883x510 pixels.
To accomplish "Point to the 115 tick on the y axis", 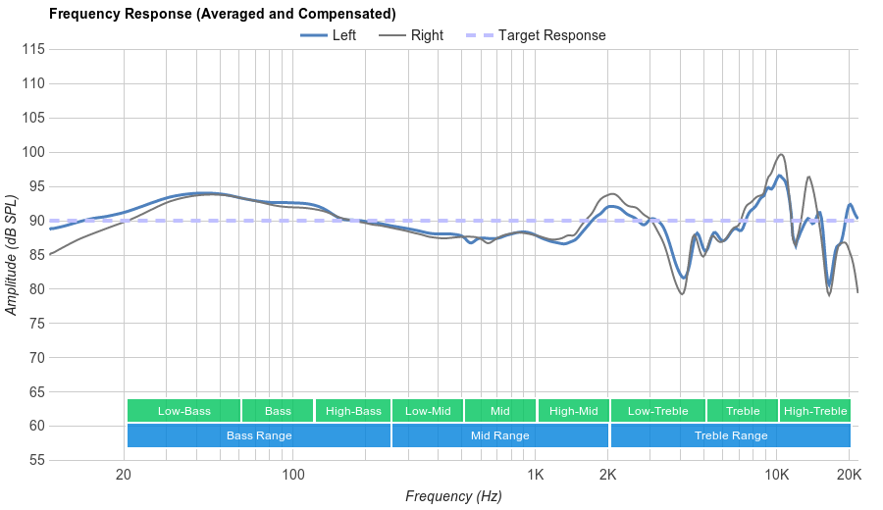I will [x=32, y=49].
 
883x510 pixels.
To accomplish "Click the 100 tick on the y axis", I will [x=32, y=152].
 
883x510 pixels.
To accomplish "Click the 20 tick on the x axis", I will [x=124, y=475].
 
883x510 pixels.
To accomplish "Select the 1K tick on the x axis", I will [x=536, y=475].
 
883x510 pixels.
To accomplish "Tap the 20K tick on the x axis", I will [x=849, y=475].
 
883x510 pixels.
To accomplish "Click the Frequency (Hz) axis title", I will [x=453, y=496].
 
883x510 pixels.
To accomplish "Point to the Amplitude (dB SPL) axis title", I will [x=12, y=254].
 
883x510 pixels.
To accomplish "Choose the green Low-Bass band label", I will [x=183, y=411].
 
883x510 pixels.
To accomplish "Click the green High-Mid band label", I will [x=573, y=411].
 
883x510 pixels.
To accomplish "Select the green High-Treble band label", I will [x=815, y=411].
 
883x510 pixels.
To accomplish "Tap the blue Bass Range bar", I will [x=259, y=435].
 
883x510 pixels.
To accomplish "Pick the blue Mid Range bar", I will [x=499, y=435].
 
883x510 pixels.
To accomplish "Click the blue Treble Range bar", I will [x=731, y=435].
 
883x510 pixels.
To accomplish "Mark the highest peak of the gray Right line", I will [x=781, y=154].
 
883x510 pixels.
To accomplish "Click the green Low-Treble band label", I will [x=657, y=411].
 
